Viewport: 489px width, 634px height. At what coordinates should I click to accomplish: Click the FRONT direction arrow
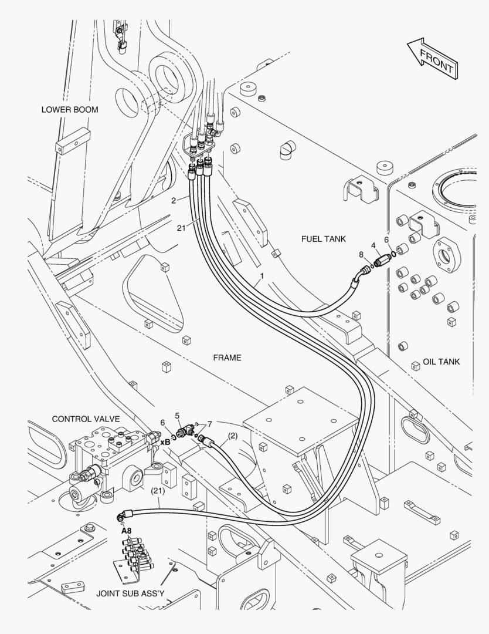coord(432,59)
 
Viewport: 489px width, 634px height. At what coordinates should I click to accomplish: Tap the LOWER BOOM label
coord(70,110)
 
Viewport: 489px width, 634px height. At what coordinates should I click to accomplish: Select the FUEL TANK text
coord(324,239)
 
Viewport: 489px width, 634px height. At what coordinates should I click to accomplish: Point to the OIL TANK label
coord(441,362)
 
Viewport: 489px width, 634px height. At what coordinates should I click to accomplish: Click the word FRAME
coord(227,358)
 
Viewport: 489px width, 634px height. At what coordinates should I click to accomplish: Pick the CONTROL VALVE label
coord(86,419)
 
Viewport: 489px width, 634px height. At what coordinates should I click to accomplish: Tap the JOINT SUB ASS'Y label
coord(130,593)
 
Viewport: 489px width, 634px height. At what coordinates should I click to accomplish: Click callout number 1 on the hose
coord(262,276)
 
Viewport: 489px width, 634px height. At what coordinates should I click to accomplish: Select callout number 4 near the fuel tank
coord(373,245)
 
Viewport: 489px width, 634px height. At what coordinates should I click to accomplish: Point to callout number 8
coord(361,254)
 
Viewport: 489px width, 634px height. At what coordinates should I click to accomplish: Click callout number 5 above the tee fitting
coord(177,416)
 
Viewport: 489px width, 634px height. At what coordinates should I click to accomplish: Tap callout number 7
coord(209,424)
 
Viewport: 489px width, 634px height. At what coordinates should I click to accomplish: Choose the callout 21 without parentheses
coord(181,228)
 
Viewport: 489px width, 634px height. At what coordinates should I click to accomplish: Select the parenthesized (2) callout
coord(233,436)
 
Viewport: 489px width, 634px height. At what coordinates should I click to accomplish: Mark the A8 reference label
coord(127,531)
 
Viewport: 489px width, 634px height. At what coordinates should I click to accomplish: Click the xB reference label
coord(165,443)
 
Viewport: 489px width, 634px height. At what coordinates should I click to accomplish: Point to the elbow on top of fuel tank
coord(287,150)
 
